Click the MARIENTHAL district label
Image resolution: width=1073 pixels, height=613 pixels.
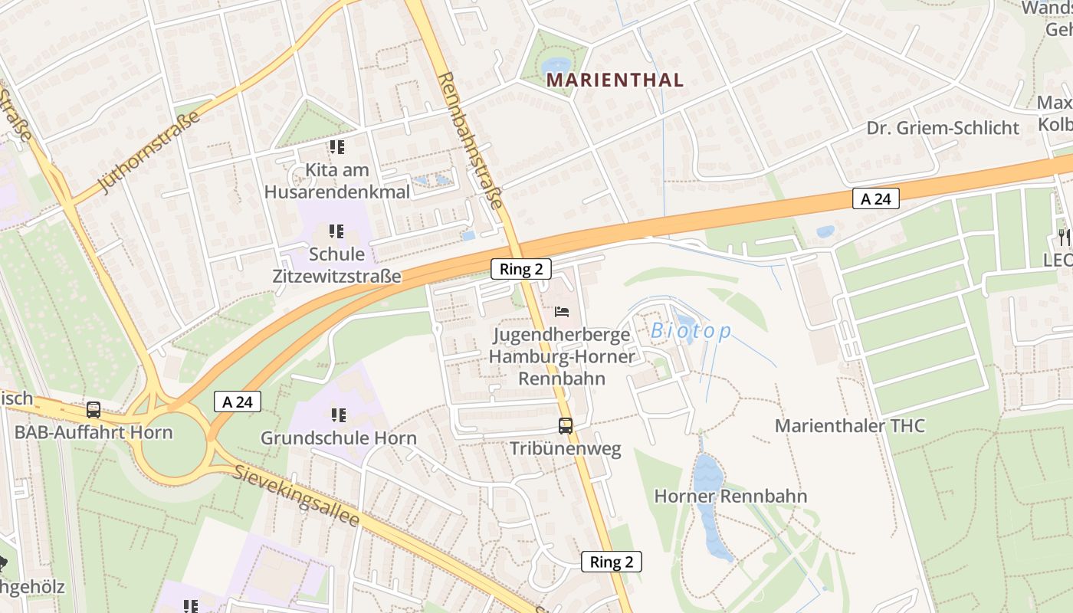[614, 80]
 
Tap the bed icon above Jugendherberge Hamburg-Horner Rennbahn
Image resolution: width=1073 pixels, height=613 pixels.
[562, 312]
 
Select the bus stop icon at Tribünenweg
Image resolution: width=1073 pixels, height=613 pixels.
[566, 426]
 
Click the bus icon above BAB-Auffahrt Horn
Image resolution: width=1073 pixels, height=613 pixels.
[94, 410]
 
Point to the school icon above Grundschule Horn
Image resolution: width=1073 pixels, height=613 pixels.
[338, 415]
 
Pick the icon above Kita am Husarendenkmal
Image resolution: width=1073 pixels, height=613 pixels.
[336, 146]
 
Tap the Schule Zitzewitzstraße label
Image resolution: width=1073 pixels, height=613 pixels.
[336, 264]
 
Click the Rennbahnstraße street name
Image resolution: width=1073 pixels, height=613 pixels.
[471, 141]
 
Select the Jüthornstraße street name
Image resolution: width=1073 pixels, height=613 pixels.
[149, 152]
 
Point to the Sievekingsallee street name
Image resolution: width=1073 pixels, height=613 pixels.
[297, 497]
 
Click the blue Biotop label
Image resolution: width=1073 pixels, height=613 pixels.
[691, 331]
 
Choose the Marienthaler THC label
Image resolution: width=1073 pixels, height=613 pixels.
[850, 426]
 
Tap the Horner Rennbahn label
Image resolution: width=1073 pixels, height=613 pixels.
[730, 496]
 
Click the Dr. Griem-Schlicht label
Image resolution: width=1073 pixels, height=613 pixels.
[943, 128]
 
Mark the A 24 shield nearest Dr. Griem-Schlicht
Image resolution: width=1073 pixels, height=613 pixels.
[875, 199]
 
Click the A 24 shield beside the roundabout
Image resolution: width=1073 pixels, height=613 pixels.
[237, 402]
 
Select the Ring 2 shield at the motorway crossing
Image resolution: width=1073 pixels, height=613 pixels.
[520, 269]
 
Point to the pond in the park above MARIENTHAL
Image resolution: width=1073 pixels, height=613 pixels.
[555, 64]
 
